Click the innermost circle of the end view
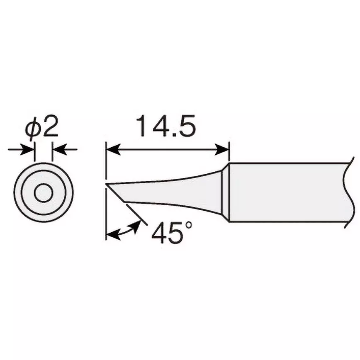coord(43,192)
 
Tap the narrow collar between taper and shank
coord(224,192)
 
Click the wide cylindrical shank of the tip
coord(286,192)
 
